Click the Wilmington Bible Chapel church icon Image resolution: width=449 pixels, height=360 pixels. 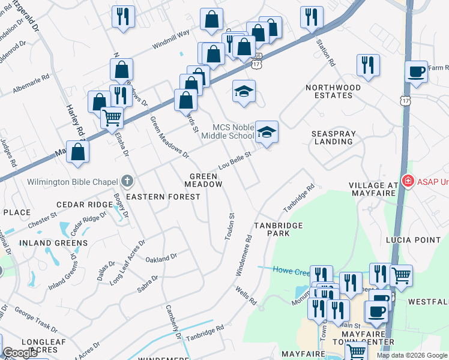pyautogui.click(x=127, y=181)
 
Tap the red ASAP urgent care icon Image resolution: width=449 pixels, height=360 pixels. pyautogui.click(x=408, y=181)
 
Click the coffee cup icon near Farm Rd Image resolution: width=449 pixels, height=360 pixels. pyautogui.click(x=416, y=72)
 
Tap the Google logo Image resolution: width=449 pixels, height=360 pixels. pyautogui.click(x=20, y=353)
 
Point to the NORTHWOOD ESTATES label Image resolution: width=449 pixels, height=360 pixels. pyautogui.click(x=333, y=91)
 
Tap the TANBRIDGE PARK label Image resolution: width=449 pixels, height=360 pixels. pyautogui.click(x=277, y=229)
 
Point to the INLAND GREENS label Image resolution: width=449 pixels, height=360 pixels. pyautogui.click(x=53, y=243)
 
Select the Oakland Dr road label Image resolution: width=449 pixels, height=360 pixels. pyautogui.click(x=161, y=258)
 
